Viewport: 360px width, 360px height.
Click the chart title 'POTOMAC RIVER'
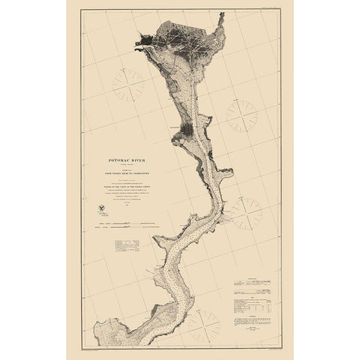pos(127,160)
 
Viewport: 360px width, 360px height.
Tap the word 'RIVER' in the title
pos(139,160)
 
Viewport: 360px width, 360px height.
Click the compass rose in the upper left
pos(129,85)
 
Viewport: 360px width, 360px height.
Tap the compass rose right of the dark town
pos(241,115)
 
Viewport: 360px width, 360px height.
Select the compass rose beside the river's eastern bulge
pos(246,212)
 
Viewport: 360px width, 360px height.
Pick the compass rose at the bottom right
pos(203,325)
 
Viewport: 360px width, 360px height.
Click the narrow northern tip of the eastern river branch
pos(220,16)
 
